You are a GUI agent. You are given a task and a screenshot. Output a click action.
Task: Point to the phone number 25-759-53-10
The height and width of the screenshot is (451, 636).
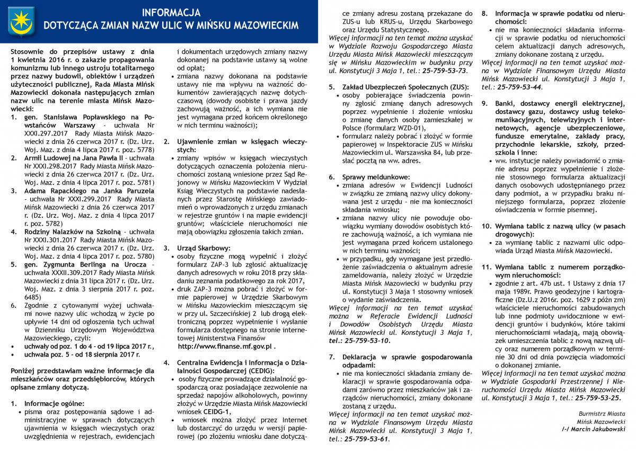[366, 340]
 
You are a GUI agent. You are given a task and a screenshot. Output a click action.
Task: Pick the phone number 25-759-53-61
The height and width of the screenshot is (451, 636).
[366, 439]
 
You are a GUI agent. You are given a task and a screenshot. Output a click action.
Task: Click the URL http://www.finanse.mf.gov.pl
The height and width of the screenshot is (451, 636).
[225, 346]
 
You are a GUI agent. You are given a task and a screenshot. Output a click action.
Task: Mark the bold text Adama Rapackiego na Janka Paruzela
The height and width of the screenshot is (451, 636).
[81, 190]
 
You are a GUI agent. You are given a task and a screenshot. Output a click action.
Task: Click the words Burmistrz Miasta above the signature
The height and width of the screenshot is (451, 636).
[602, 411]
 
